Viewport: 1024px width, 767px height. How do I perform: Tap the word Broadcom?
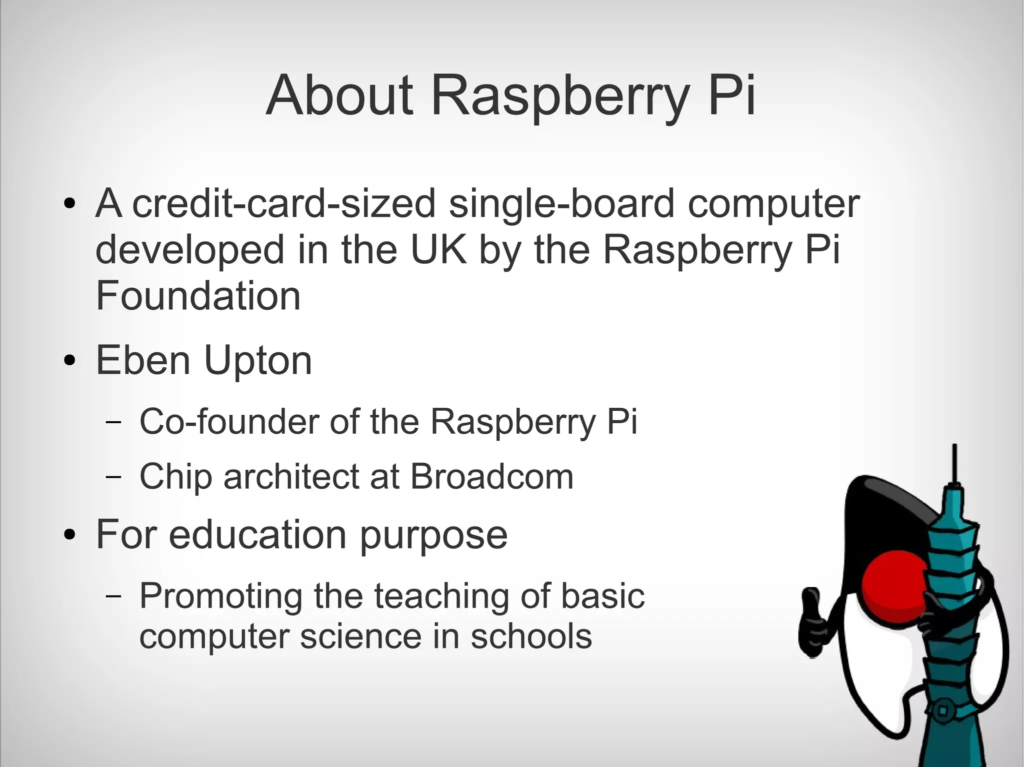pyautogui.click(x=491, y=476)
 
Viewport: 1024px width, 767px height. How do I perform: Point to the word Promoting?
pyautogui.click(x=220, y=597)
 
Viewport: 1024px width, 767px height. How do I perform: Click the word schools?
pyautogui.click(x=531, y=637)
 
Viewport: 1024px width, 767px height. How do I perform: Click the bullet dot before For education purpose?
pyautogui.click(x=70, y=536)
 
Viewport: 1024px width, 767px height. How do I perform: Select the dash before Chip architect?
pyautogui.click(x=113, y=477)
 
